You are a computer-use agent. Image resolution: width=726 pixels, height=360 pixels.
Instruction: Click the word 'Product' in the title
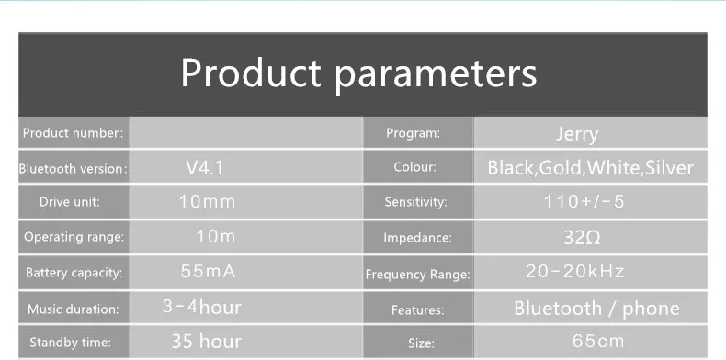click(251, 73)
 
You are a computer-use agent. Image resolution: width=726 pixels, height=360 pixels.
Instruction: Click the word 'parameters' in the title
click(436, 75)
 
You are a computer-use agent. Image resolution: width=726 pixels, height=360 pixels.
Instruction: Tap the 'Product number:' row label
click(74, 133)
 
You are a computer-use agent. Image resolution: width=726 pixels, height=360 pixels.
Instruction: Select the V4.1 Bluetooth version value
click(205, 167)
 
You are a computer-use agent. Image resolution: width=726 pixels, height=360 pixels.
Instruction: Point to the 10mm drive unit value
click(207, 202)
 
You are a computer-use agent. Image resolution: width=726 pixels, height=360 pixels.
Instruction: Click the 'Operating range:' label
click(74, 237)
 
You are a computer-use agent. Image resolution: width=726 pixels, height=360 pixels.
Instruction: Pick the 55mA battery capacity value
click(208, 271)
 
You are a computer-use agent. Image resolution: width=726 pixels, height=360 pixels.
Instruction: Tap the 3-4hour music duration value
click(202, 307)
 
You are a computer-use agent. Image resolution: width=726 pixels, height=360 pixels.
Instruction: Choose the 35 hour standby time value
click(207, 342)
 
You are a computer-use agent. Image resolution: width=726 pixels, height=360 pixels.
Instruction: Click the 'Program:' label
click(413, 133)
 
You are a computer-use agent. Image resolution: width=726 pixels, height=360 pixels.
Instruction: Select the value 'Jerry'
click(577, 135)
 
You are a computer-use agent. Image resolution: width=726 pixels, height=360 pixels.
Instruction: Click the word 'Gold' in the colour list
click(560, 168)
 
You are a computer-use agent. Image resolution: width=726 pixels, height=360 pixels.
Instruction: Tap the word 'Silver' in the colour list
click(669, 168)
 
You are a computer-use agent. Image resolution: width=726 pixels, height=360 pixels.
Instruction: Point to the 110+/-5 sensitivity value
click(584, 201)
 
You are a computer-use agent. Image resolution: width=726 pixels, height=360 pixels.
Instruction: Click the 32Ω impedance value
click(582, 237)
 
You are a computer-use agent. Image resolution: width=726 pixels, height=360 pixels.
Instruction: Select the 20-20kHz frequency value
click(575, 271)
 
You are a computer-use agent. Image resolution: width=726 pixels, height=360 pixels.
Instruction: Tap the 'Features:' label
click(417, 309)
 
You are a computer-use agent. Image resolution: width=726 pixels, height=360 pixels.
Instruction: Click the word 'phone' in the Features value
click(651, 309)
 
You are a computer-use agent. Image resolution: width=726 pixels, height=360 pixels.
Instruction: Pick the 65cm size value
click(598, 342)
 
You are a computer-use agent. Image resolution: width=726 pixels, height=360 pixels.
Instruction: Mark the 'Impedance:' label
click(417, 238)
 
